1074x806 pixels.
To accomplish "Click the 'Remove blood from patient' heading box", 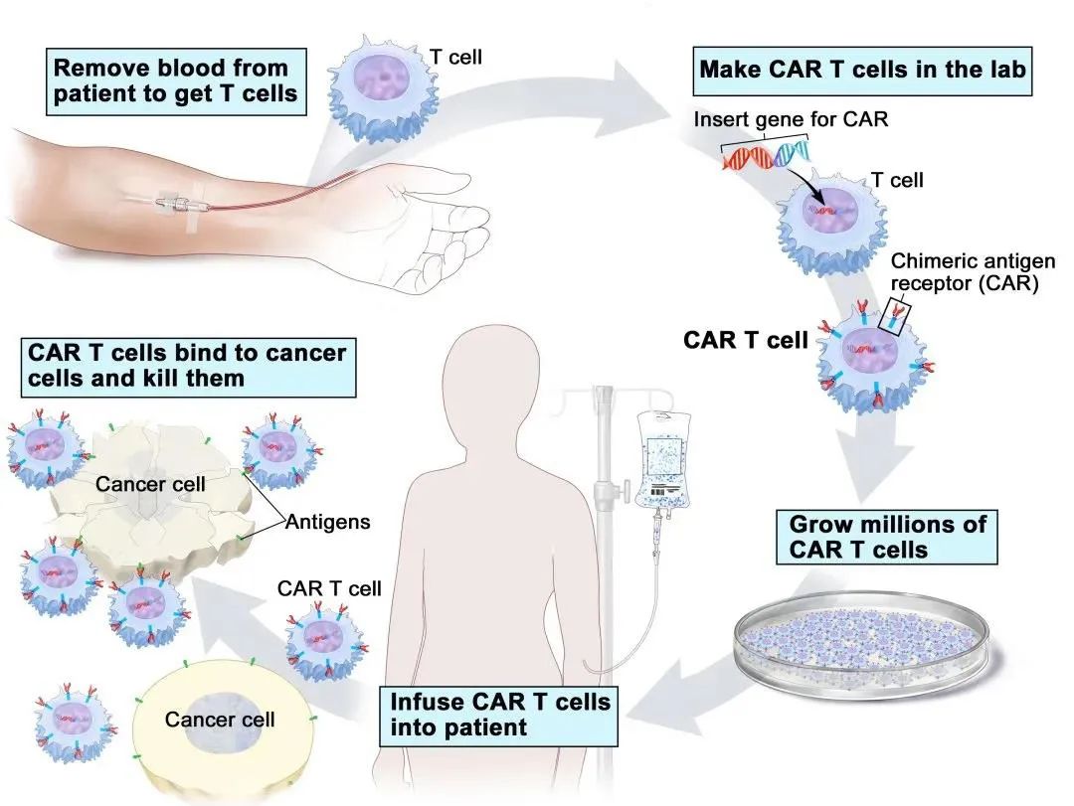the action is (x=176, y=81).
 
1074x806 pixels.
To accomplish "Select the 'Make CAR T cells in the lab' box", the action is (x=862, y=71).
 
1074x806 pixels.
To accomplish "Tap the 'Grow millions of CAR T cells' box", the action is (x=886, y=537).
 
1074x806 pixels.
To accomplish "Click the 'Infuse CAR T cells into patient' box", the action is (x=498, y=716).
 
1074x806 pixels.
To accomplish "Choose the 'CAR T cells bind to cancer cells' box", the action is (x=188, y=367).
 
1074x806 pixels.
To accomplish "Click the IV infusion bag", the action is (x=663, y=459).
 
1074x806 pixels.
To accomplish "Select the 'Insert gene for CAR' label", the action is (x=791, y=119).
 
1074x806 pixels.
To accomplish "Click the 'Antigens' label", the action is (x=327, y=522).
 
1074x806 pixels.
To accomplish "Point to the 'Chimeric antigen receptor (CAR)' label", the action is (x=972, y=272).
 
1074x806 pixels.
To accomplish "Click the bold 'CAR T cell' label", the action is (x=746, y=340).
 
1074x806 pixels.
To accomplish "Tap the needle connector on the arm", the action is (x=175, y=204).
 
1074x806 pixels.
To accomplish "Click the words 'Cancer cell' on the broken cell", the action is (x=150, y=484).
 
